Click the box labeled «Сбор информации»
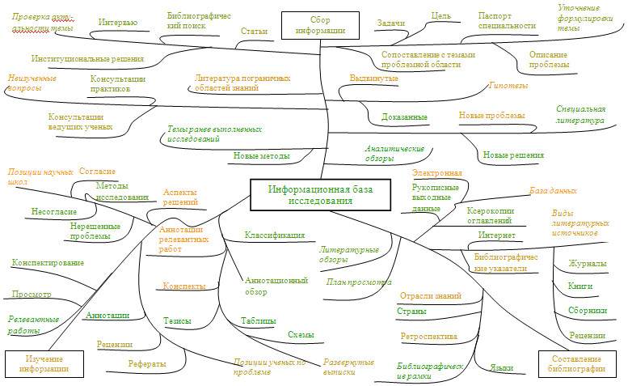click(320, 25)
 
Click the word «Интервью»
click(117, 23)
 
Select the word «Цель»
click(441, 15)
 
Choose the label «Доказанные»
click(404, 117)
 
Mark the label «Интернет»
click(496, 235)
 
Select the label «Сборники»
click(588, 310)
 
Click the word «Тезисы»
click(177, 321)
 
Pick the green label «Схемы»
click(301, 334)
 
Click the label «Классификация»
click(275, 235)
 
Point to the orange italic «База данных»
click(553, 191)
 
